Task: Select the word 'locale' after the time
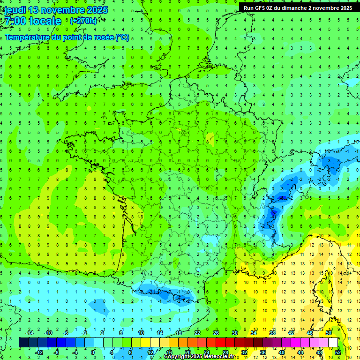pyautogui.click(x=45, y=21)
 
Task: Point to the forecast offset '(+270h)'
pyautogui.click(x=83, y=21)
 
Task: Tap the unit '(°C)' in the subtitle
pyautogui.click(x=122, y=37)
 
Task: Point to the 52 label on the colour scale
pyautogui.click(x=338, y=352)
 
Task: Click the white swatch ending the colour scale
pyautogui.click(x=333, y=343)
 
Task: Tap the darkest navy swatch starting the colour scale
pyautogui.click(x=23, y=343)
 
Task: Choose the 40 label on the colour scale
pyautogui.click(x=281, y=352)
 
